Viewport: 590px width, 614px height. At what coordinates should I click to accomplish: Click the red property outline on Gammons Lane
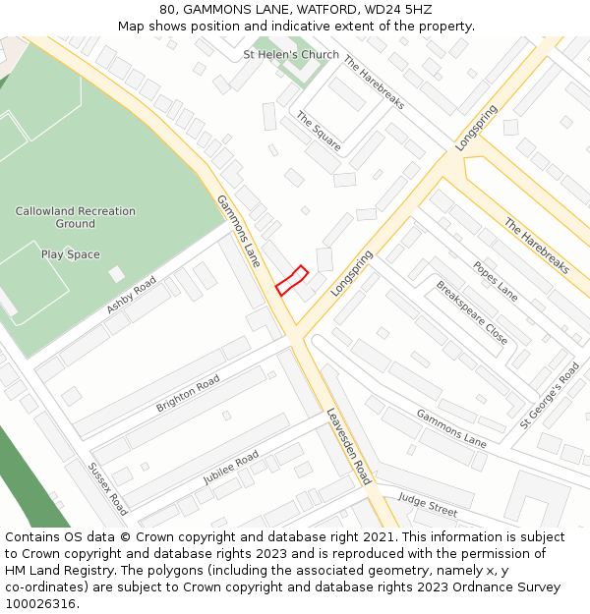(x=291, y=280)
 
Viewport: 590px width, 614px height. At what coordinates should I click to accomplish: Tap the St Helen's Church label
(x=291, y=55)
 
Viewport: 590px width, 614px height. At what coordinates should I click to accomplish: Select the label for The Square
(x=319, y=131)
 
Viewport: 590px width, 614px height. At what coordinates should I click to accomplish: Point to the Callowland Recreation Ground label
(x=76, y=217)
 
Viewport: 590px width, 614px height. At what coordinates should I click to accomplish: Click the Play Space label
(x=70, y=254)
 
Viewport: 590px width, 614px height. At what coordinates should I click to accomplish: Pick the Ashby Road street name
(x=131, y=296)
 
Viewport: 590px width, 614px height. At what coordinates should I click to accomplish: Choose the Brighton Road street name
(x=188, y=393)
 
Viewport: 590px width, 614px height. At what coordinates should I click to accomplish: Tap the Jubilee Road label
(x=231, y=469)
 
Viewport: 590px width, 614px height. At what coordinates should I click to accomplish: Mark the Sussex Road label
(x=107, y=488)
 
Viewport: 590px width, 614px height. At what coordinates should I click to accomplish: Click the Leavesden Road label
(x=348, y=446)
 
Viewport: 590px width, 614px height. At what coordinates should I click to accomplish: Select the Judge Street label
(x=428, y=505)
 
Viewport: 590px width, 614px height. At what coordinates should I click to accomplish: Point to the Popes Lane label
(x=495, y=280)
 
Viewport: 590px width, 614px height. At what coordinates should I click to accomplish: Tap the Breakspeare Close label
(x=472, y=312)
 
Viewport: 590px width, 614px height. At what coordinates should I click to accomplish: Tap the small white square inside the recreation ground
(x=117, y=274)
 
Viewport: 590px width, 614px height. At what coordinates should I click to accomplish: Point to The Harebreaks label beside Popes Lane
(x=536, y=246)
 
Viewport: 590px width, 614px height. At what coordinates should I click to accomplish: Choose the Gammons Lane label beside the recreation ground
(x=239, y=231)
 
